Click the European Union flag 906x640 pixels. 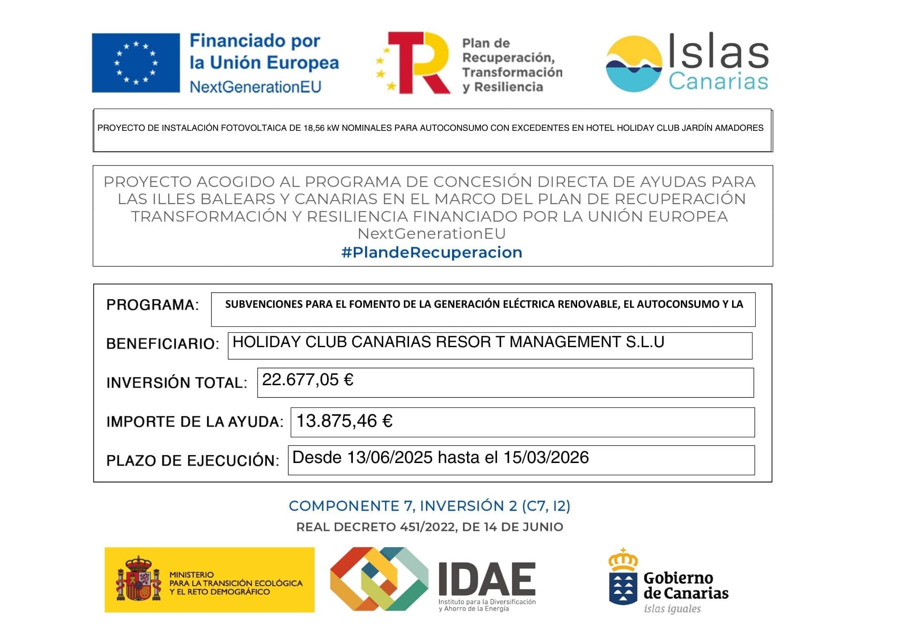click(x=136, y=63)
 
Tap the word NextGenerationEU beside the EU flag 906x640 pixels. click(x=255, y=86)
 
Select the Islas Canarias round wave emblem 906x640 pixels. click(x=633, y=64)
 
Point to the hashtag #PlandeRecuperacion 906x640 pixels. click(x=432, y=252)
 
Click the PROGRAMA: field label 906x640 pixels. click(x=153, y=305)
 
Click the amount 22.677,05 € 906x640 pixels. click(x=308, y=380)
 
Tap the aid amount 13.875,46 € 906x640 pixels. click(x=344, y=421)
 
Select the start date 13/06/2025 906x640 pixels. click(x=390, y=458)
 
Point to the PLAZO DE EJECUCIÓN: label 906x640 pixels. click(x=193, y=461)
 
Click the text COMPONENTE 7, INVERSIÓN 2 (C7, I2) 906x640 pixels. click(x=429, y=506)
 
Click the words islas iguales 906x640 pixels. click(x=672, y=609)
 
